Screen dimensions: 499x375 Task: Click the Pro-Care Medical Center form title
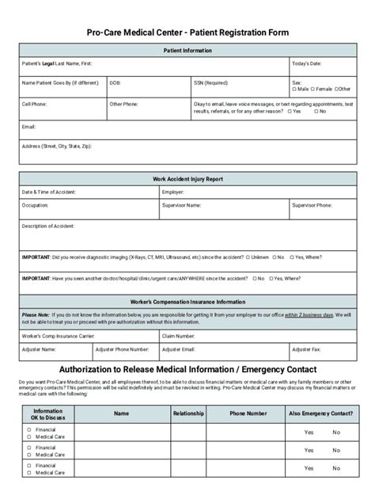click(x=187, y=32)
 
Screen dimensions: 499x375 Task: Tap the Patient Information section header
click(x=187, y=50)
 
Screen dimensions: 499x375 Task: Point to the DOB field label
click(x=115, y=82)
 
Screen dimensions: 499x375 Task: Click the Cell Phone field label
click(x=33, y=103)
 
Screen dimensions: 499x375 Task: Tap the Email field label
click(x=28, y=125)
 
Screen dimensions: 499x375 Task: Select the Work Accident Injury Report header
click(x=187, y=180)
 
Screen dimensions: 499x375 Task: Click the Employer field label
click(x=173, y=192)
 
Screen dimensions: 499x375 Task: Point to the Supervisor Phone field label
click(x=312, y=205)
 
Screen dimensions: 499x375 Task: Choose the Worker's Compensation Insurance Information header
click(x=187, y=302)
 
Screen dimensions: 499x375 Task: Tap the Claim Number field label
click(x=179, y=336)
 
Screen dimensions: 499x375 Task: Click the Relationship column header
click(x=188, y=413)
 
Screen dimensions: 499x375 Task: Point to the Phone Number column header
click(x=248, y=413)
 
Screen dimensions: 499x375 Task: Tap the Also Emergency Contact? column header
click(x=321, y=413)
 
